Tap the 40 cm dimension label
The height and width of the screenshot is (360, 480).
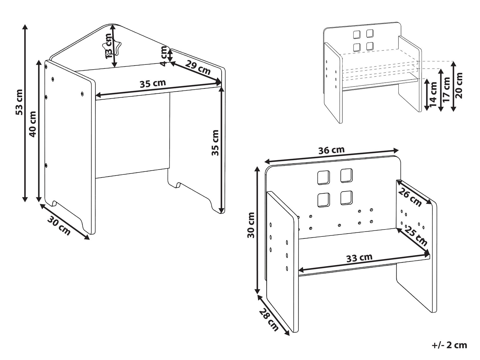33,124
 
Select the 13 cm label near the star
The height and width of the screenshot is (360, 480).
109,46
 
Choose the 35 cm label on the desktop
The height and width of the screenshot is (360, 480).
153,84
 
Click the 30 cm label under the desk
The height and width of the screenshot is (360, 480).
59,226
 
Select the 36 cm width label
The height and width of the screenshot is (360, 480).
331,150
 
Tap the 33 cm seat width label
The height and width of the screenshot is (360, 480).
359,258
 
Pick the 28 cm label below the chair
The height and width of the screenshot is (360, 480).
269,319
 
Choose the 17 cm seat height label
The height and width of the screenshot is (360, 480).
446,89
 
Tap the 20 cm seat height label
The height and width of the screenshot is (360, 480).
459,85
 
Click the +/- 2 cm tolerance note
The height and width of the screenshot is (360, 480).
450,345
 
